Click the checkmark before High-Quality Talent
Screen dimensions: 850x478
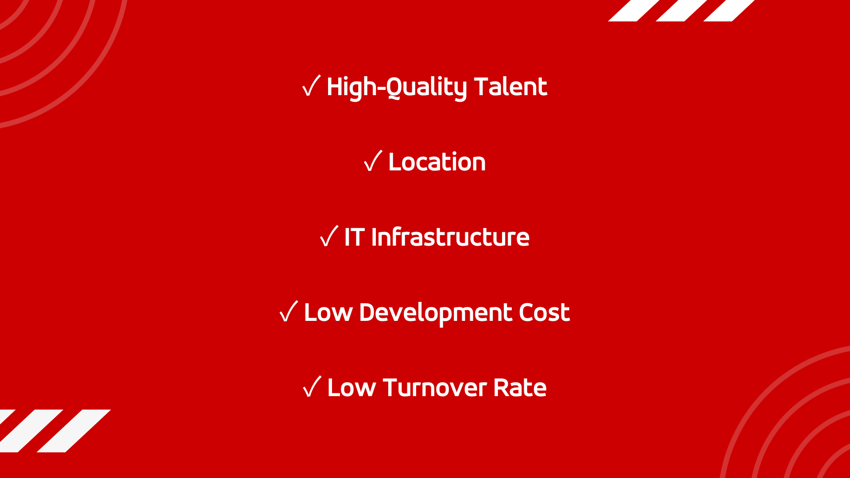(x=311, y=86)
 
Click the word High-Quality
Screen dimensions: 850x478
(x=397, y=87)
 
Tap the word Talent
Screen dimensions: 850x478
(x=511, y=86)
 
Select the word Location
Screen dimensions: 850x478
(x=437, y=162)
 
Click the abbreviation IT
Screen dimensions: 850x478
(x=355, y=237)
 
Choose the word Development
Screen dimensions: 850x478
(x=436, y=313)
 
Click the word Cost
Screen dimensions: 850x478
(x=544, y=312)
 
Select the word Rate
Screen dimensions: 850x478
(x=520, y=387)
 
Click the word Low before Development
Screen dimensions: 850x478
(x=328, y=312)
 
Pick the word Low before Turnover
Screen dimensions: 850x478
(x=352, y=387)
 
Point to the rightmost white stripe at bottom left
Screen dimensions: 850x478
(x=73, y=431)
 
